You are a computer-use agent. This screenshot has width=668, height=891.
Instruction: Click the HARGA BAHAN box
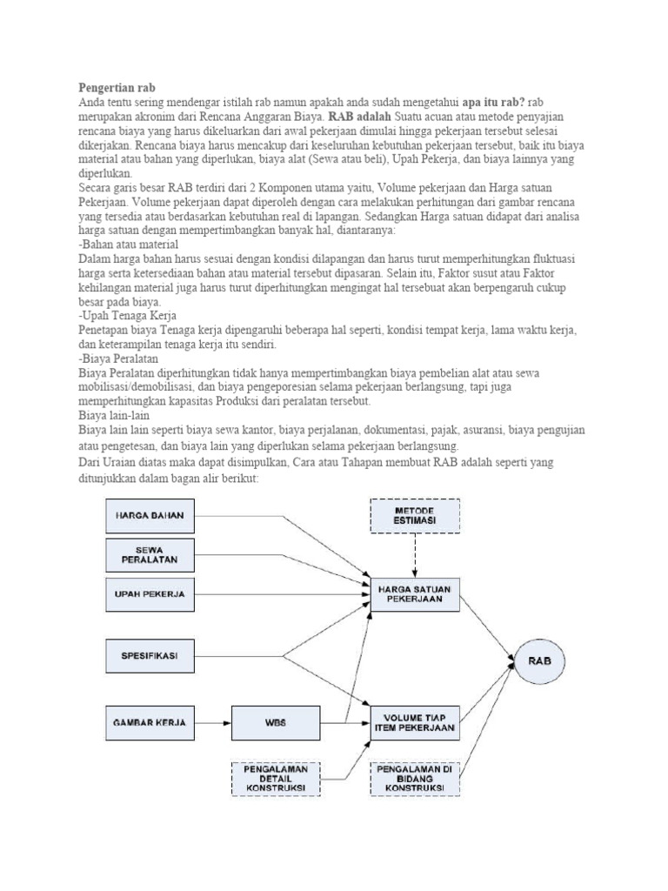click(150, 515)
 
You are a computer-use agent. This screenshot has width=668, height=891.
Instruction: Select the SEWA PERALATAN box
click(150, 554)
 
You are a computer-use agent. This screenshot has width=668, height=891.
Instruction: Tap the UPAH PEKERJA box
click(150, 594)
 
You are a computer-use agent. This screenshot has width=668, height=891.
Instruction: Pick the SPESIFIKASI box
click(150, 655)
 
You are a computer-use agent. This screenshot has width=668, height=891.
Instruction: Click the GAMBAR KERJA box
click(150, 722)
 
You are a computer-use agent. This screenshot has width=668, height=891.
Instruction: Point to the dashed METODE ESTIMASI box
click(414, 514)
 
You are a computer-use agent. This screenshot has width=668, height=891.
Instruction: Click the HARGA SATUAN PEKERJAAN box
click(414, 594)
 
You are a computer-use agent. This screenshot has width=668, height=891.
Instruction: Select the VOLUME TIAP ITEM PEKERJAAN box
click(414, 722)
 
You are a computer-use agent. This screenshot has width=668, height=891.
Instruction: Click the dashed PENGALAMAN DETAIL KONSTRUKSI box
click(275, 778)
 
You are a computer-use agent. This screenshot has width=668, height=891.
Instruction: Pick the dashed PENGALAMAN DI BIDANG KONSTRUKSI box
click(414, 778)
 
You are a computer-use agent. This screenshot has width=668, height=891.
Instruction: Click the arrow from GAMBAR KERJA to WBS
click(213, 722)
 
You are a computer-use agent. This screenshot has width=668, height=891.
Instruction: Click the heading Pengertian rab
click(115, 88)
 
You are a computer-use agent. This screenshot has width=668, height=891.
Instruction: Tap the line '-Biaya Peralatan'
click(120, 358)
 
